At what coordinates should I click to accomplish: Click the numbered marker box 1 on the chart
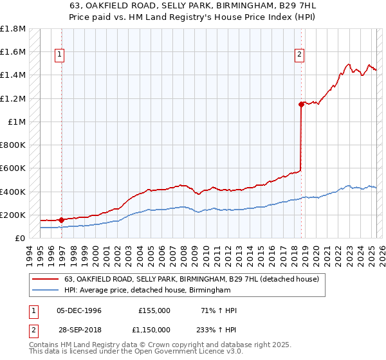point(59,55)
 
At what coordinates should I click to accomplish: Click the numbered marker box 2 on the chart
point(300,55)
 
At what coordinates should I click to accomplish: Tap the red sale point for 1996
point(61,220)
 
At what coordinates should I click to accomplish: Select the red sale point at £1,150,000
point(301,104)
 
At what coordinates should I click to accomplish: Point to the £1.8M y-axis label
point(13,29)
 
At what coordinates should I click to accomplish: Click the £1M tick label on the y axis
point(17,122)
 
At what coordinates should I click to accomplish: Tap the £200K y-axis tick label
point(13,215)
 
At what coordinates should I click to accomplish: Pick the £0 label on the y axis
point(19,238)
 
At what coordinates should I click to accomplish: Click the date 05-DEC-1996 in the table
point(78,310)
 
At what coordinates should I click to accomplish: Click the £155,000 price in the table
point(154,310)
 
